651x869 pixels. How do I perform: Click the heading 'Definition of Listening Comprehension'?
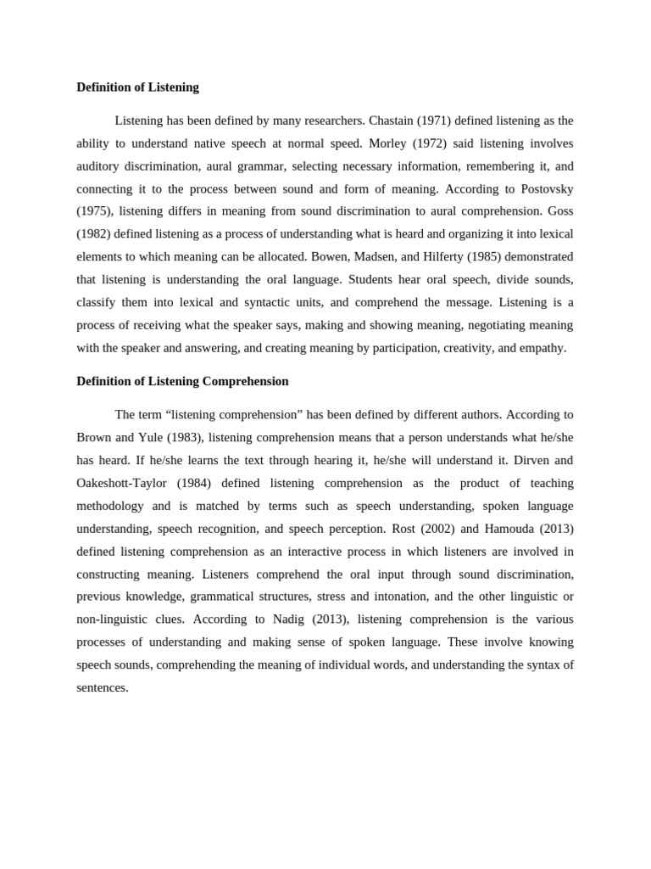point(182,382)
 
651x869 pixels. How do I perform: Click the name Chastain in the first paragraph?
point(392,121)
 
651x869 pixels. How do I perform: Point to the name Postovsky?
point(545,188)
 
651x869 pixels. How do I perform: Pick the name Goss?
point(558,211)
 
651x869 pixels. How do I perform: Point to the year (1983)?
point(185,438)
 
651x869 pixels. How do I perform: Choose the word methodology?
point(109,506)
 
